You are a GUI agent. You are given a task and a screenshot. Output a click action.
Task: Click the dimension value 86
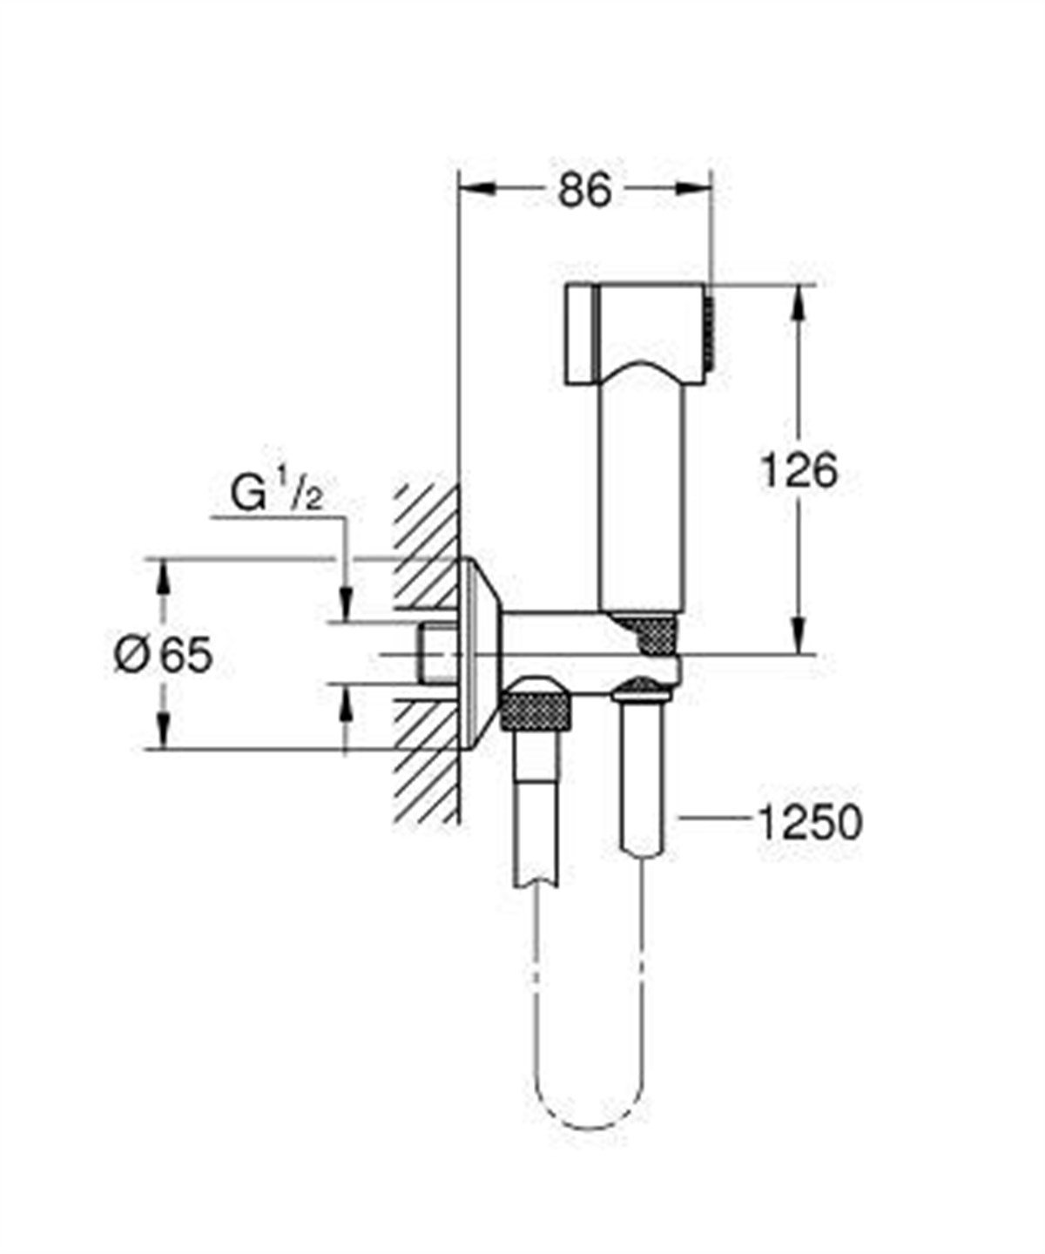pos(585,190)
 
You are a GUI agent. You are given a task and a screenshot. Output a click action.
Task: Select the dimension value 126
pos(799,471)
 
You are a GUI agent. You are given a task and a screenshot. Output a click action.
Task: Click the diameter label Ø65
pos(164,654)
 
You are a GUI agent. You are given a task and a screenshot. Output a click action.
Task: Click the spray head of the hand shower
pos(637,331)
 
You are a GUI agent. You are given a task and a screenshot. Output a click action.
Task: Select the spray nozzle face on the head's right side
pos(710,331)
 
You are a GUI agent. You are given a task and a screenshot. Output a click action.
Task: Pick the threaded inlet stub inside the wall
pos(435,653)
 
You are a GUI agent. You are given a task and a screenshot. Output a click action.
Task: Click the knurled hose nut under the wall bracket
pos(539,709)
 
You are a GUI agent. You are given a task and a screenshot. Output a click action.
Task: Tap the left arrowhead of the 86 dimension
pos(475,187)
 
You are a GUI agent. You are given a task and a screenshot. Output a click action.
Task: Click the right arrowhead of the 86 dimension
pos(693,187)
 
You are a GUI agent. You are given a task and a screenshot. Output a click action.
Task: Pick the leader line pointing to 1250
pos(714,818)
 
